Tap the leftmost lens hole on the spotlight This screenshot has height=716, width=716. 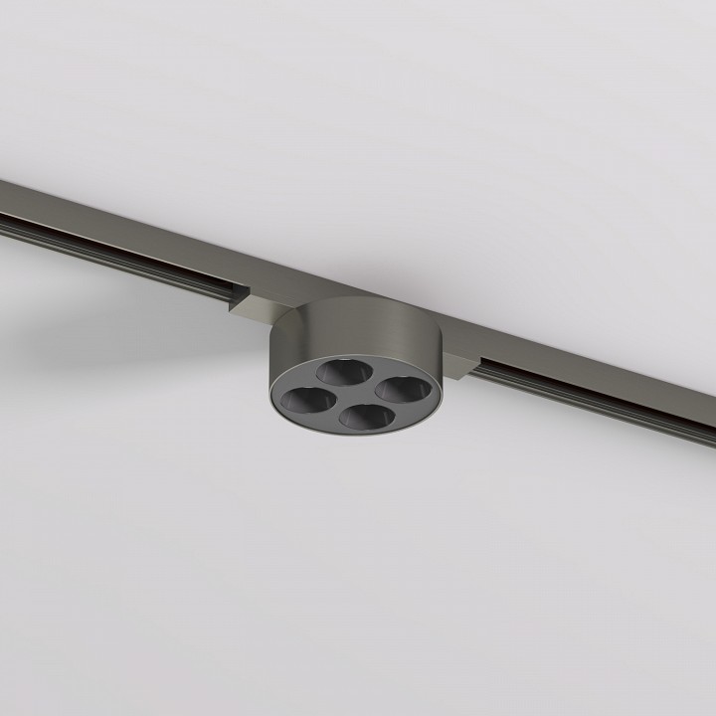tap(304, 400)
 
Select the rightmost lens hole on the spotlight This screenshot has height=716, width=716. tap(397, 389)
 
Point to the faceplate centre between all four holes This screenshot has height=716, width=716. tap(351, 394)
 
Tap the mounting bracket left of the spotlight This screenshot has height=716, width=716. tap(261, 302)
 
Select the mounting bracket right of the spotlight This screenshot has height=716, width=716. tap(456, 367)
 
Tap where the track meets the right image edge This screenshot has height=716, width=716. tap(712, 429)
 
